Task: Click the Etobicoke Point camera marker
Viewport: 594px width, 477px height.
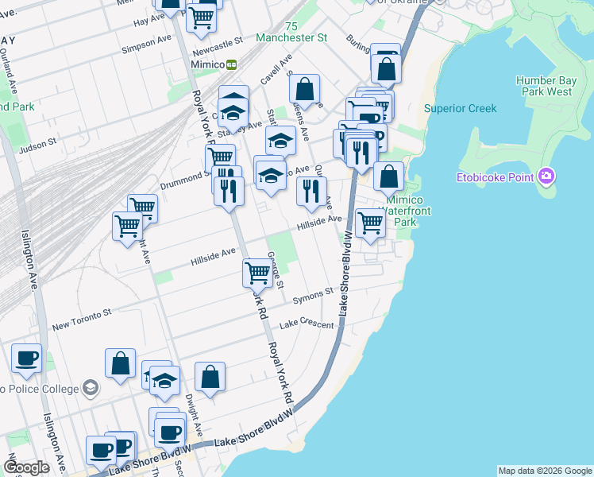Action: [x=546, y=176]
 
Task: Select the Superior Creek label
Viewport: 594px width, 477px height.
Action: [x=460, y=108]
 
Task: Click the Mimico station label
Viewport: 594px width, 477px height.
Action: [x=207, y=64]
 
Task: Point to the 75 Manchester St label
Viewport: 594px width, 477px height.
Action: [x=292, y=32]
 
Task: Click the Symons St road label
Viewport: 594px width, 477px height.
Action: [x=311, y=296]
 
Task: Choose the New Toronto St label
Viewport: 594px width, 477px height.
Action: [x=82, y=320]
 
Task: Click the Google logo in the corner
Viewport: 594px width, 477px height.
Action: [x=26, y=467]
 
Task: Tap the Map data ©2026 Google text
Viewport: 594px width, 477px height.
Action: [x=545, y=471]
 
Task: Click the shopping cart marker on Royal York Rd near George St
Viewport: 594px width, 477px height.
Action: [x=257, y=272]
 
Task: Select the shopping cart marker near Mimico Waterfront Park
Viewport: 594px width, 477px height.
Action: [x=370, y=222]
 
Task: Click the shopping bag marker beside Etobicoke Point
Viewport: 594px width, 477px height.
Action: [x=388, y=176]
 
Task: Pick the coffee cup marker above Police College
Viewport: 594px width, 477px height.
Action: [x=26, y=359]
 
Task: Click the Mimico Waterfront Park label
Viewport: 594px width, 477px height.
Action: [x=405, y=211]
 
